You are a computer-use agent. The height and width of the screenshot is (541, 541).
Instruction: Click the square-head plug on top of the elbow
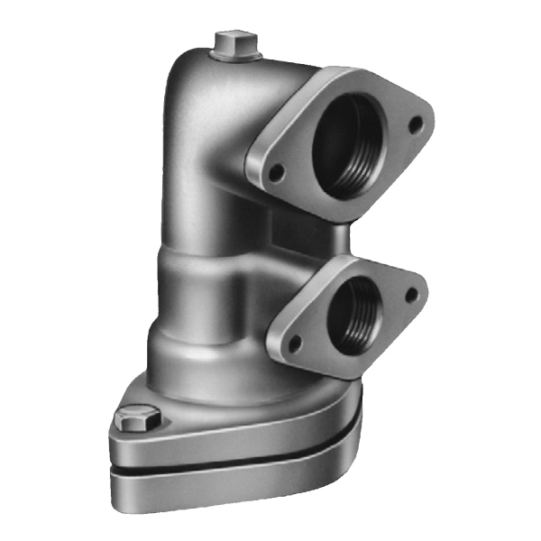click(x=235, y=43)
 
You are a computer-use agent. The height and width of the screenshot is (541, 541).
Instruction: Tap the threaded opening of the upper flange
click(x=351, y=145)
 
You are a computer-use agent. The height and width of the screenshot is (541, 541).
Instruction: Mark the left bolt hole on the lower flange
click(x=295, y=344)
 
